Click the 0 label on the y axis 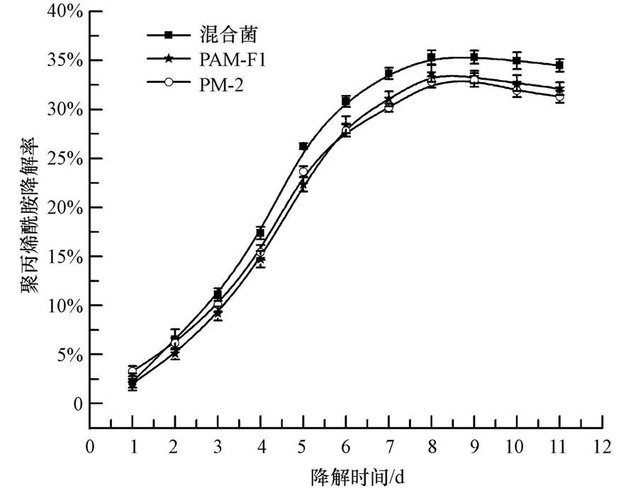tap(77, 403)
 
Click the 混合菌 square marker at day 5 tap(303, 146)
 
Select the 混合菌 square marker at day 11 tap(559, 65)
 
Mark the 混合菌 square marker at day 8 tap(431, 57)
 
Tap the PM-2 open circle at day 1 tap(133, 371)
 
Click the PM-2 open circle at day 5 tap(303, 172)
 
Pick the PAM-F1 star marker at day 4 tap(261, 259)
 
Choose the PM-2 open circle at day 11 tap(559, 96)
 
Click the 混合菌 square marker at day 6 tap(346, 101)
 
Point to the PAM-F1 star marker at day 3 tap(218, 312)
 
